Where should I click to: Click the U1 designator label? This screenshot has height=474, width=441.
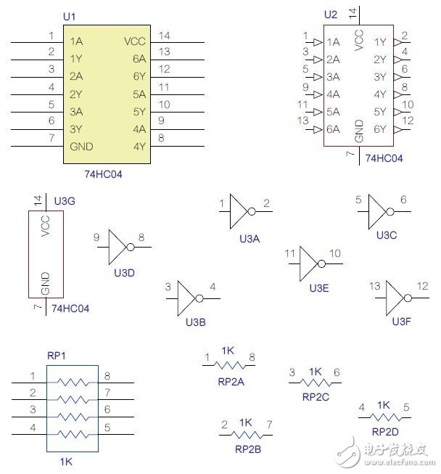pyautogui.click(x=70, y=16)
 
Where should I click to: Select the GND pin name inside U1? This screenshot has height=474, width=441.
pyautogui.click(x=81, y=146)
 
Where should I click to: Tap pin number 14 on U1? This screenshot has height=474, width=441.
pyautogui.click(x=164, y=36)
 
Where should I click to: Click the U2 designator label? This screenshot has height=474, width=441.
pyautogui.click(x=331, y=14)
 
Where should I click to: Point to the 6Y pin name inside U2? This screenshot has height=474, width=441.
pyautogui.click(x=380, y=129)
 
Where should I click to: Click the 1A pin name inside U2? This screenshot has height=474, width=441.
pyautogui.click(x=334, y=42)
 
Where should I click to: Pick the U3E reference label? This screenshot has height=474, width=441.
pyautogui.click(x=319, y=288)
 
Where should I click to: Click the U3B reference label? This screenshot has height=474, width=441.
pyautogui.click(x=196, y=322)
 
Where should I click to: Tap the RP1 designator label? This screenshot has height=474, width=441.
pyautogui.click(x=57, y=356)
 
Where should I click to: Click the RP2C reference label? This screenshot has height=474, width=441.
pyautogui.click(x=316, y=397)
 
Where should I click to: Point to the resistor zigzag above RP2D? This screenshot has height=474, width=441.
pyautogui.click(x=384, y=417)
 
